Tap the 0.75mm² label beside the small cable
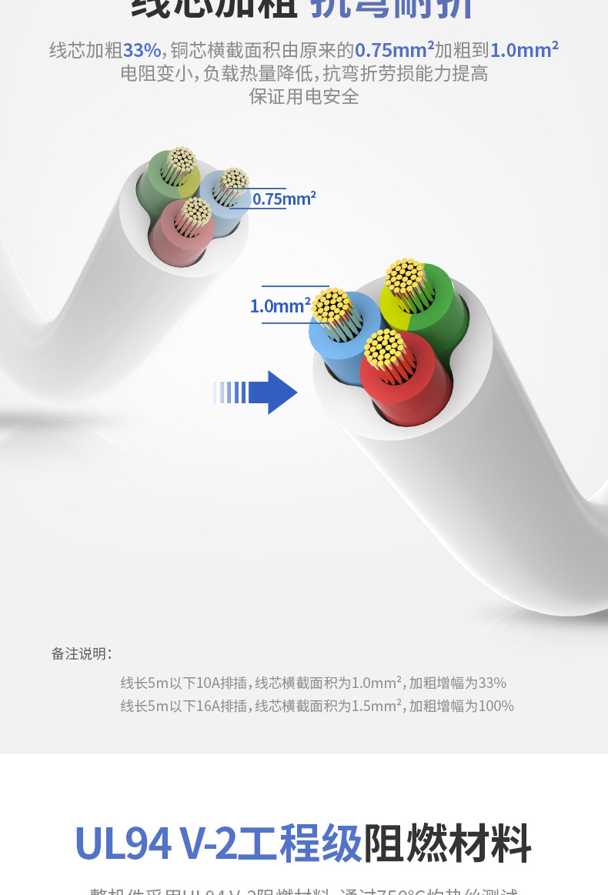(284, 199)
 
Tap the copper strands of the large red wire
(385, 348)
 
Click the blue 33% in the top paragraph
(142, 51)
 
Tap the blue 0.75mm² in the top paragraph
(394, 51)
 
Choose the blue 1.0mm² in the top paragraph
(524, 51)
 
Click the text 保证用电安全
(304, 97)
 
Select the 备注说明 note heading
(81, 654)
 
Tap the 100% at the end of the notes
(496, 706)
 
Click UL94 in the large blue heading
(122, 843)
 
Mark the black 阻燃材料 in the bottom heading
(447, 843)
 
